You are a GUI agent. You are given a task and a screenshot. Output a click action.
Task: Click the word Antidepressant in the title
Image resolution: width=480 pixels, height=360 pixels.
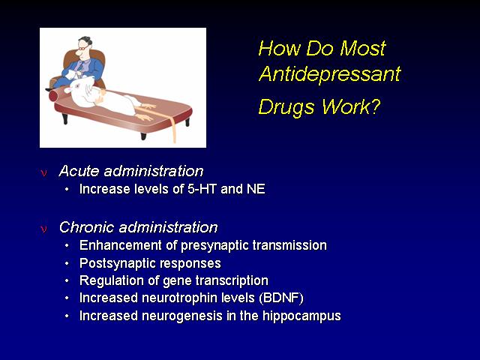point(330,73)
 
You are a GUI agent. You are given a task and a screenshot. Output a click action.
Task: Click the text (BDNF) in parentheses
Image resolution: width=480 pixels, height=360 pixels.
point(281,298)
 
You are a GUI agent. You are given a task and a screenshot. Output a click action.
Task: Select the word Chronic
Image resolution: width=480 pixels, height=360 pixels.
point(87,227)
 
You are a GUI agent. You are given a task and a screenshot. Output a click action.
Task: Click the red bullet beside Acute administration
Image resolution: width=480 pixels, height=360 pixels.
point(43,173)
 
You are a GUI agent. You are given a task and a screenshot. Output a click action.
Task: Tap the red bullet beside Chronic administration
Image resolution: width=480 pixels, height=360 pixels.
point(43,229)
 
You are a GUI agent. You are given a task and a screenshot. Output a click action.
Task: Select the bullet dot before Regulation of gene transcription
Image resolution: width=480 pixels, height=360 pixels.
point(67,280)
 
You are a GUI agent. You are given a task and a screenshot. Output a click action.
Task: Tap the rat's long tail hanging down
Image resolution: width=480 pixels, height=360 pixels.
point(165,120)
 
